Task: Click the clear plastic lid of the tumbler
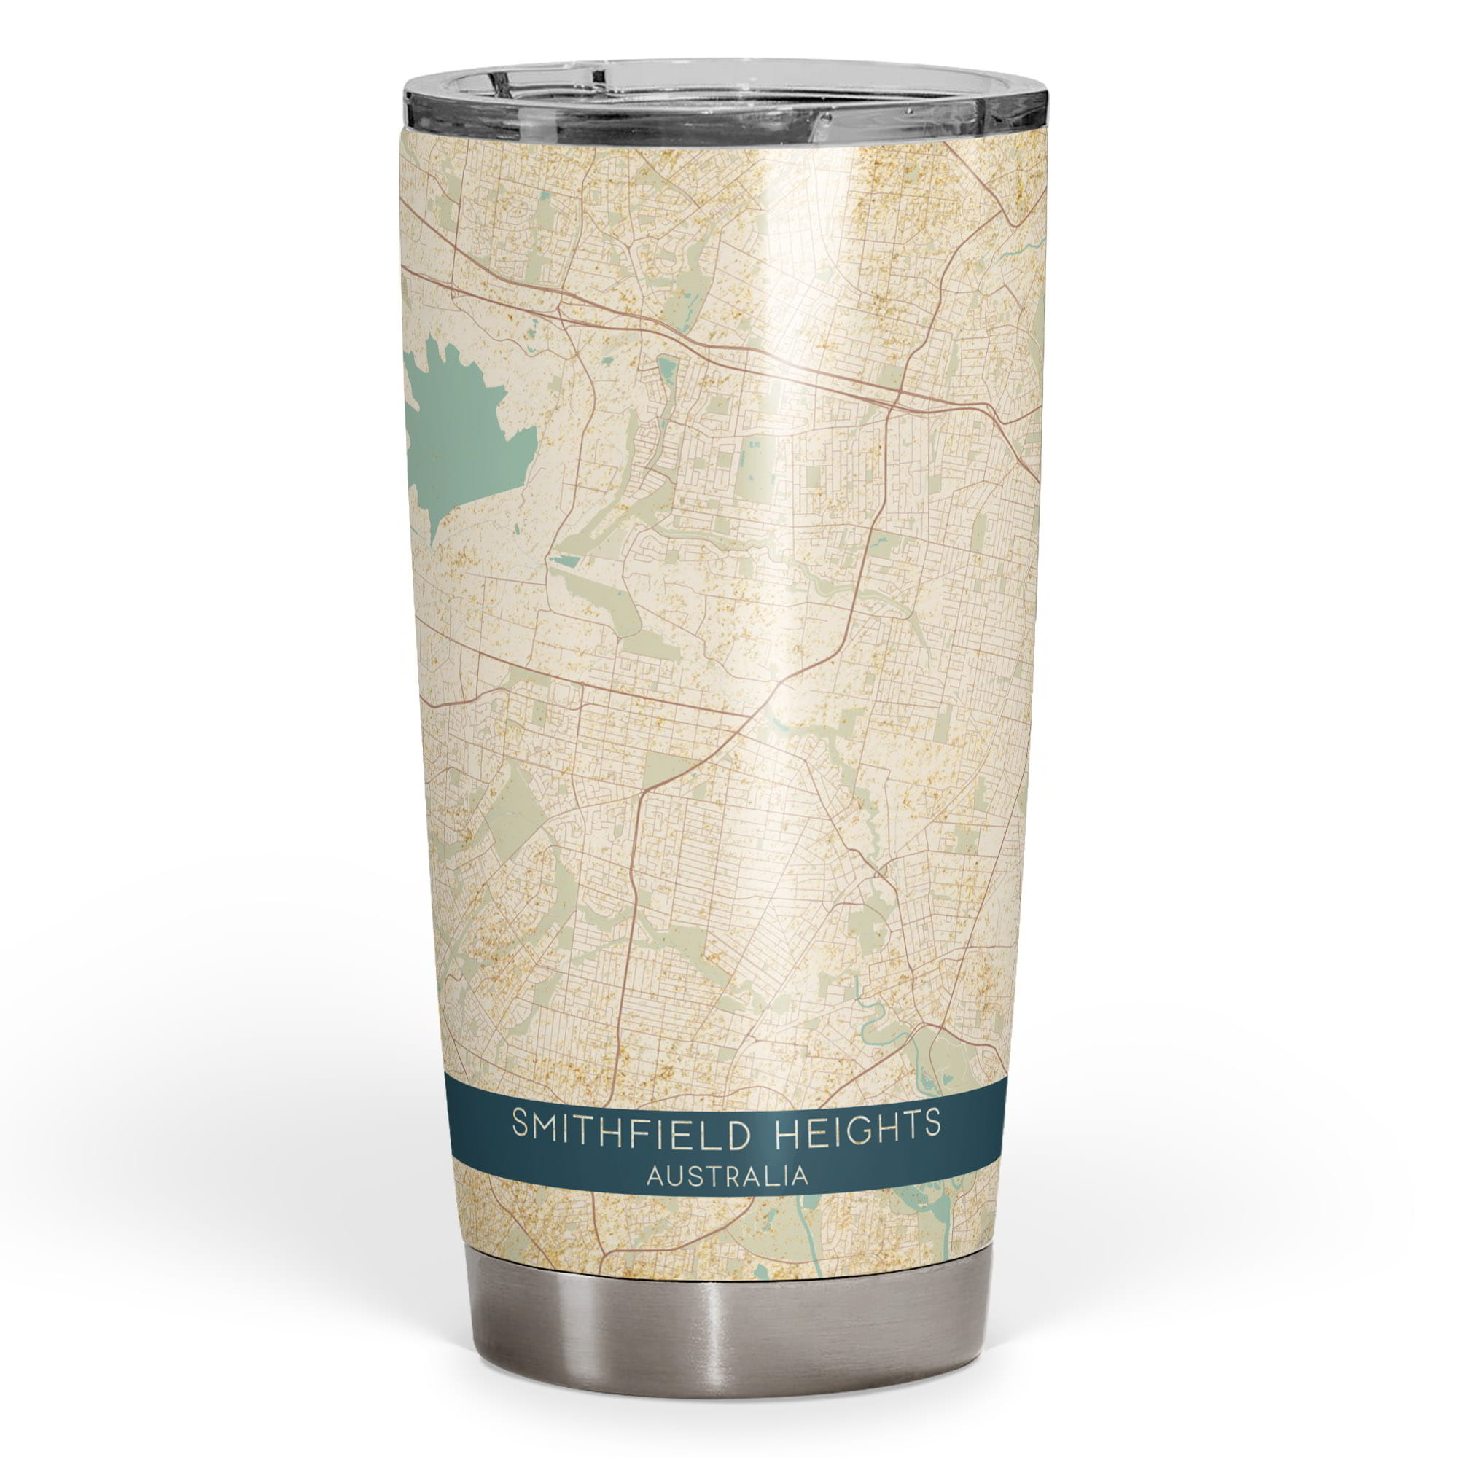[x=725, y=106]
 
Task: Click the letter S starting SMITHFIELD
[x=521, y=1146]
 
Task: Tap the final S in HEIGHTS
[x=933, y=1144]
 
